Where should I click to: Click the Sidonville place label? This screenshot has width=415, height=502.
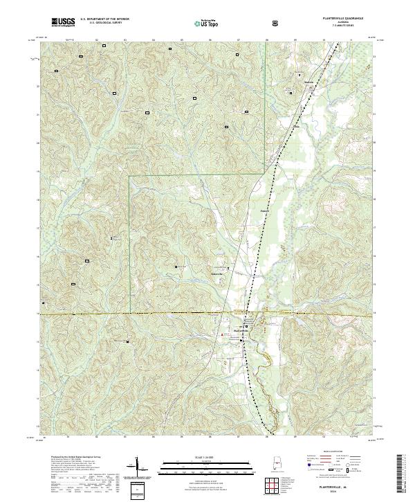(219, 272)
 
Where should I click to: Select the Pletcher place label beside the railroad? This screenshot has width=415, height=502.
(264, 209)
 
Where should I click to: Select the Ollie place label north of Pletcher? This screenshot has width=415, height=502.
(295, 127)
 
